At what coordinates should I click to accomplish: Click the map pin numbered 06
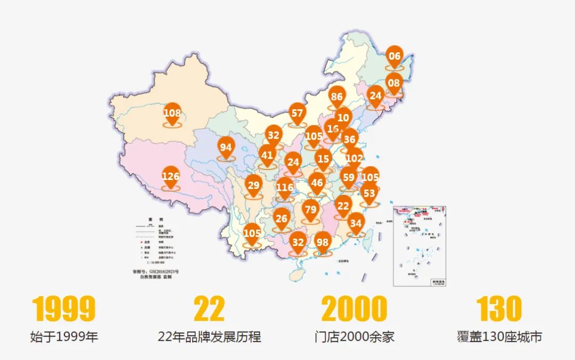pyautogui.click(x=395, y=56)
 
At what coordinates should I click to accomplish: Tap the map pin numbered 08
pyautogui.click(x=394, y=84)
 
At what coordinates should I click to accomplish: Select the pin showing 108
pyautogui.click(x=172, y=113)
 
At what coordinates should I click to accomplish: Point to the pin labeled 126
pyautogui.click(x=171, y=177)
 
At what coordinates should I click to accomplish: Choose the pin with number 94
pyautogui.click(x=226, y=148)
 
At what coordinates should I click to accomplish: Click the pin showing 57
pyautogui.click(x=297, y=113)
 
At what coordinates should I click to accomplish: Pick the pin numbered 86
pyautogui.click(x=336, y=97)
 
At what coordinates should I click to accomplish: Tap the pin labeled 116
pyautogui.click(x=285, y=187)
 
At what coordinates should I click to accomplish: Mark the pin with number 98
pyautogui.click(x=323, y=243)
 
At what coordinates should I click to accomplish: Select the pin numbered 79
pyautogui.click(x=310, y=209)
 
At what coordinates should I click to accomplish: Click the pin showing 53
pyautogui.click(x=369, y=194)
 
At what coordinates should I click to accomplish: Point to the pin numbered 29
pyautogui.click(x=253, y=186)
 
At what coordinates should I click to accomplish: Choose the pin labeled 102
pyautogui.click(x=354, y=159)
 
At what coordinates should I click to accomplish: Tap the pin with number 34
pyautogui.click(x=356, y=224)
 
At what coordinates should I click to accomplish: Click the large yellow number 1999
pyautogui.click(x=64, y=309)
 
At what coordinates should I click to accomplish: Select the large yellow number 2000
pyautogui.click(x=354, y=309)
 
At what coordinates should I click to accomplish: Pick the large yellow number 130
pyautogui.click(x=499, y=309)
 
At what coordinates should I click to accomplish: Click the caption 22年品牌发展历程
pyautogui.click(x=209, y=337)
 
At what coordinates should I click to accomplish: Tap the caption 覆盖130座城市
pyautogui.click(x=499, y=337)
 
